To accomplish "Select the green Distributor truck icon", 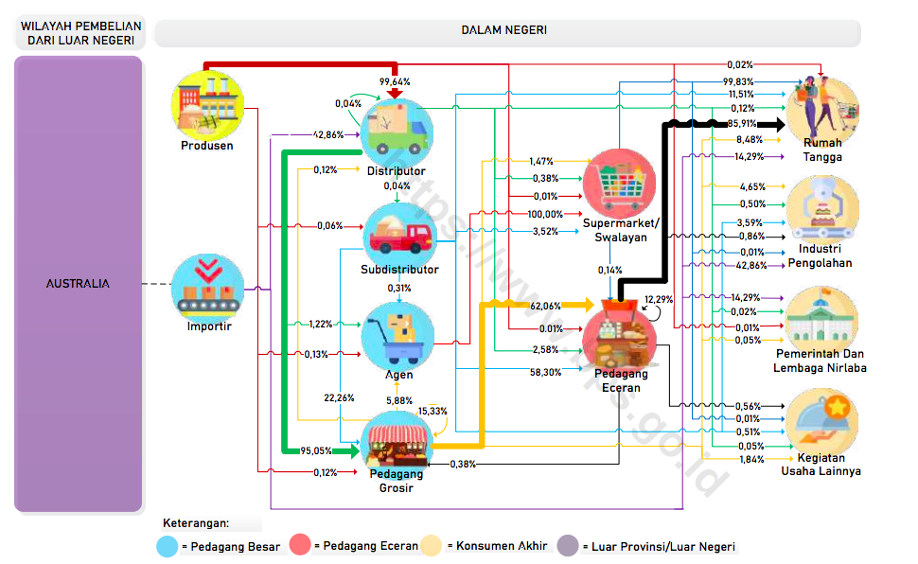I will [x=397, y=132].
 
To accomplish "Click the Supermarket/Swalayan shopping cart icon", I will [x=619, y=184].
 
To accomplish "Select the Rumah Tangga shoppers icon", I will [x=822, y=109].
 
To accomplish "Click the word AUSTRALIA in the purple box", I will [x=78, y=284].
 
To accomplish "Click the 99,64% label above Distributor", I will [x=395, y=82].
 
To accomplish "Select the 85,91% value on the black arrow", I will [x=742, y=124].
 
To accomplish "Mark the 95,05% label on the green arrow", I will [x=315, y=451].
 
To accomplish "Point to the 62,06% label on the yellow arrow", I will [x=545, y=307].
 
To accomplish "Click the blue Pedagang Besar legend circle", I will [x=168, y=546].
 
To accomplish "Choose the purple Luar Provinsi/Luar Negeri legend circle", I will [x=567, y=546].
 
